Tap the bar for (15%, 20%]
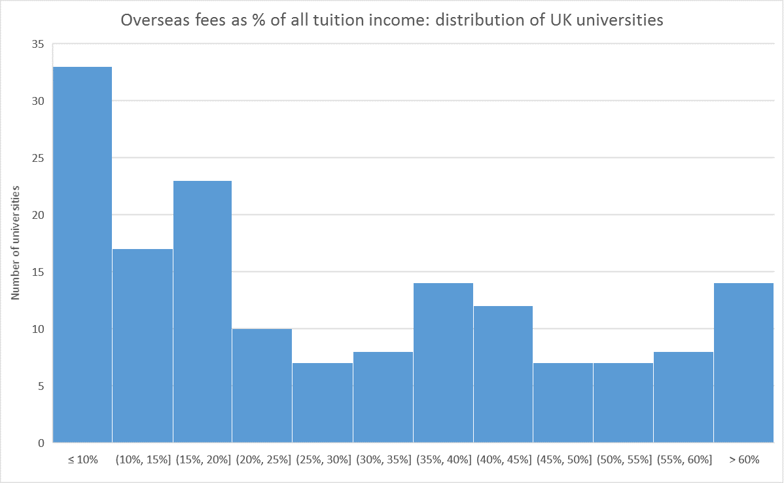pyautogui.click(x=203, y=311)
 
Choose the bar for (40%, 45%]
pyautogui.click(x=503, y=374)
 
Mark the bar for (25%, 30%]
pyautogui.click(x=323, y=402)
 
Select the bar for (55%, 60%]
pyautogui.click(x=683, y=396)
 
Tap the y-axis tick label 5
pyautogui.click(x=41, y=386)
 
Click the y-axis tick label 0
pyautogui.click(x=41, y=443)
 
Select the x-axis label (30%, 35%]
pyautogui.click(x=383, y=459)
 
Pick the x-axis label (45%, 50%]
pyautogui.click(x=563, y=459)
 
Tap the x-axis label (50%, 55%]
pyautogui.click(x=624, y=459)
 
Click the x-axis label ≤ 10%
pyautogui.click(x=82, y=459)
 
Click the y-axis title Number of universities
pyautogui.click(x=16, y=243)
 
